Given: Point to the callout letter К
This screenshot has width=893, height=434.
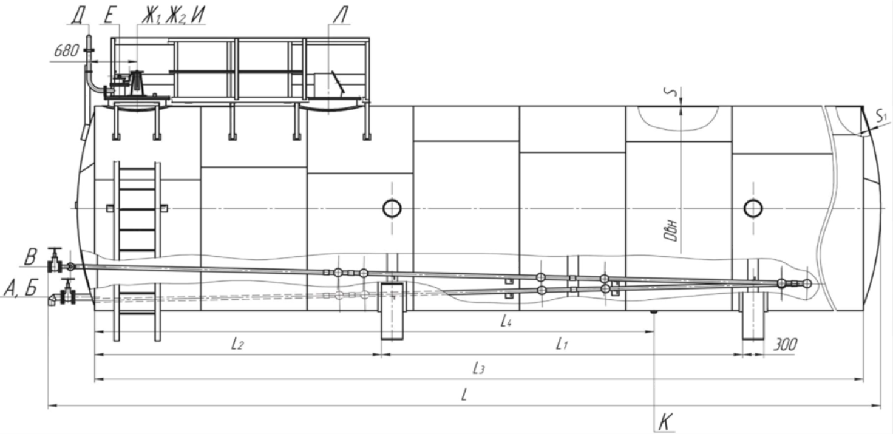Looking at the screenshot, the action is point(665,422).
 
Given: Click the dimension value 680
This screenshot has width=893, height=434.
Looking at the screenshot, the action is point(66,51).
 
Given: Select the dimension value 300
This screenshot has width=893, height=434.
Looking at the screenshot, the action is point(786,345).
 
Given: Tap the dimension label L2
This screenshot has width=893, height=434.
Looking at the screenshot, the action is point(237,344).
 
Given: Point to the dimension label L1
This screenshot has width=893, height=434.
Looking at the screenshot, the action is point(562,344).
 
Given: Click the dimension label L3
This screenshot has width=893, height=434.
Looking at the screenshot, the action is point(478,369).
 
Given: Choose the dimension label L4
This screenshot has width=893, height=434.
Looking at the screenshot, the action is point(506,321).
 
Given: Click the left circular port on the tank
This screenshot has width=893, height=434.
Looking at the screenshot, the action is point(392,208).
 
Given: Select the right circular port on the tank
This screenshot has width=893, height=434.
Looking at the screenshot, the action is point(753,208).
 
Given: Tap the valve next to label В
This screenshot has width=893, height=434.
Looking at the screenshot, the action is point(54,260).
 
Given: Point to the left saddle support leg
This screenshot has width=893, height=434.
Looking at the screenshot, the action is point(392,310).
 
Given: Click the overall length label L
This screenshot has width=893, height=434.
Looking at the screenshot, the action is point(464,395).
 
